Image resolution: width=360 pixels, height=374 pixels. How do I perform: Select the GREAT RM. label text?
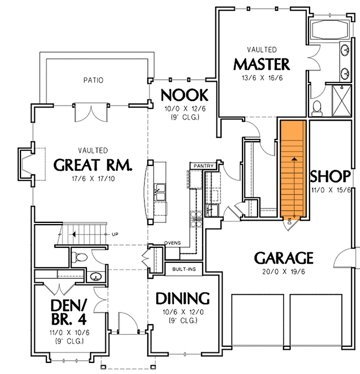(92, 164)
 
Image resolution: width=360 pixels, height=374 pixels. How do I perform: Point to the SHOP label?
(330, 176)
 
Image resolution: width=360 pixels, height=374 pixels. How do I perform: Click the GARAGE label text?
(284, 258)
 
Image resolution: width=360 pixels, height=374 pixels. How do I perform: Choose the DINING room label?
(183, 299)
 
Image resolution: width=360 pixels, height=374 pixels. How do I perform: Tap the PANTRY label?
(199, 165)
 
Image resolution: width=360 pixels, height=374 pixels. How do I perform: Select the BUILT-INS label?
(183, 268)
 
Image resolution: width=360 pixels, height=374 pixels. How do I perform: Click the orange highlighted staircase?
(294, 169)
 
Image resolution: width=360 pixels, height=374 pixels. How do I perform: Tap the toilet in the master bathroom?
(317, 107)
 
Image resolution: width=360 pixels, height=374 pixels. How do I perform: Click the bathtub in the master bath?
(329, 29)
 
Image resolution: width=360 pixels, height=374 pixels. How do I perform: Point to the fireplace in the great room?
(25, 164)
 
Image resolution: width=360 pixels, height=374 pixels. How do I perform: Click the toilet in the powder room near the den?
(79, 256)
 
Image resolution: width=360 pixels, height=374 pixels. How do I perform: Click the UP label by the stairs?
(115, 235)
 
